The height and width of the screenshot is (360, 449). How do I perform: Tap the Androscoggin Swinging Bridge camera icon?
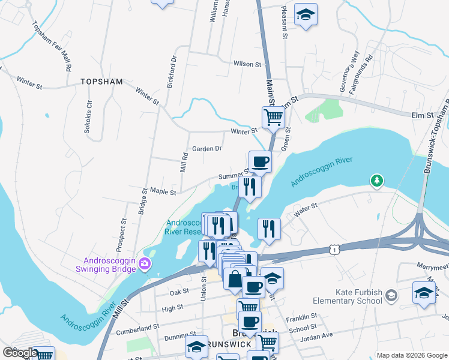(x=145, y=263)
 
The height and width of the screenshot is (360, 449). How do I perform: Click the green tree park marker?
(x=376, y=180)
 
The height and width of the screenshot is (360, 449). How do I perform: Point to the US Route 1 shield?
(x=333, y=248)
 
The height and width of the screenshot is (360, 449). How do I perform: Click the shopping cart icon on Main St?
(x=273, y=116)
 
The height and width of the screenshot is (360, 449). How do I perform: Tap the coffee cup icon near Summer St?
(x=260, y=161)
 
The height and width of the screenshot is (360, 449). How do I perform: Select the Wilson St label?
(x=248, y=64)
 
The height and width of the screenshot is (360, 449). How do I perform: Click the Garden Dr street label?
(x=207, y=148)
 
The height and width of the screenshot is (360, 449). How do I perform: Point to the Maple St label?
(x=163, y=192)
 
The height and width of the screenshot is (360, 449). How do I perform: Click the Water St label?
(x=305, y=209)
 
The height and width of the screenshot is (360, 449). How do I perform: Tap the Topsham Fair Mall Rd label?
(x=50, y=46)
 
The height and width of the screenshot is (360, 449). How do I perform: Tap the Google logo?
(x=20, y=353)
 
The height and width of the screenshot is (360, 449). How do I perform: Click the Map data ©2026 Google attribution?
(x=411, y=355)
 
